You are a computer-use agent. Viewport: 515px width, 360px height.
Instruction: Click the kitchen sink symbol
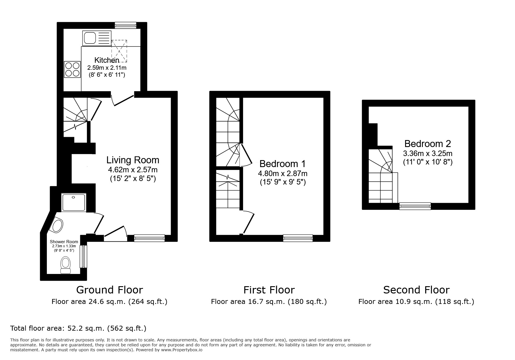point(97,38)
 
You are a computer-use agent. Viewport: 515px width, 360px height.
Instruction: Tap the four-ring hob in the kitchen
point(72,69)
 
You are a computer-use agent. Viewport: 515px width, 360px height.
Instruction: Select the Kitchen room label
point(107,60)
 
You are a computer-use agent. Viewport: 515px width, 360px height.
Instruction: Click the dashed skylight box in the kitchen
point(119,51)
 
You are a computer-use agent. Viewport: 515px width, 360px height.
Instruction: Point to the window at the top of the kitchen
point(125,25)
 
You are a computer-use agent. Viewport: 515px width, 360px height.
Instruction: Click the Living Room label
point(133,160)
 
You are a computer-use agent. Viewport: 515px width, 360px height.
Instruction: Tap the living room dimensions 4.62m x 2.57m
point(133,169)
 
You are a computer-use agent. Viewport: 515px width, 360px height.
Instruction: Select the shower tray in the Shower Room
point(74,202)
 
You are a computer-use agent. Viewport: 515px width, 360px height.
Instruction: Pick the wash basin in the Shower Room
point(57,226)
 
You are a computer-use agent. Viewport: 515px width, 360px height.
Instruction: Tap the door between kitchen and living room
point(123,99)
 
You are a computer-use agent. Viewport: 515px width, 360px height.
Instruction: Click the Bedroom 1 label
point(282,164)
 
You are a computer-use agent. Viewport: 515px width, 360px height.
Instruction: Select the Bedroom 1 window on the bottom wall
point(298,238)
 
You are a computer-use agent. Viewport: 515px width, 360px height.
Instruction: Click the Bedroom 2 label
point(427,144)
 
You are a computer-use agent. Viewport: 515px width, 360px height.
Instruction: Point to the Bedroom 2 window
point(415,206)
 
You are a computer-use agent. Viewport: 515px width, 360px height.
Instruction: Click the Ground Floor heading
point(109,290)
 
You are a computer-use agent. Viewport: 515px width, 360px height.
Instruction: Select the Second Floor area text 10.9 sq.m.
point(416,302)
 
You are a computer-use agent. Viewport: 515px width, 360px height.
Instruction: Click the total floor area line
point(78,328)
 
